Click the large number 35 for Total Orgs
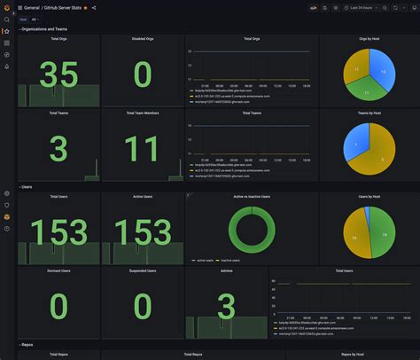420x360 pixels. (x=58, y=74)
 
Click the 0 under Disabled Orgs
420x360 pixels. (x=142, y=74)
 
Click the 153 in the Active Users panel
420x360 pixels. (x=142, y=231)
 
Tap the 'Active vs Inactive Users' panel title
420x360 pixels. (x=252, y=196)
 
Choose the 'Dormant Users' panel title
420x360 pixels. (x=58, y=270)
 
